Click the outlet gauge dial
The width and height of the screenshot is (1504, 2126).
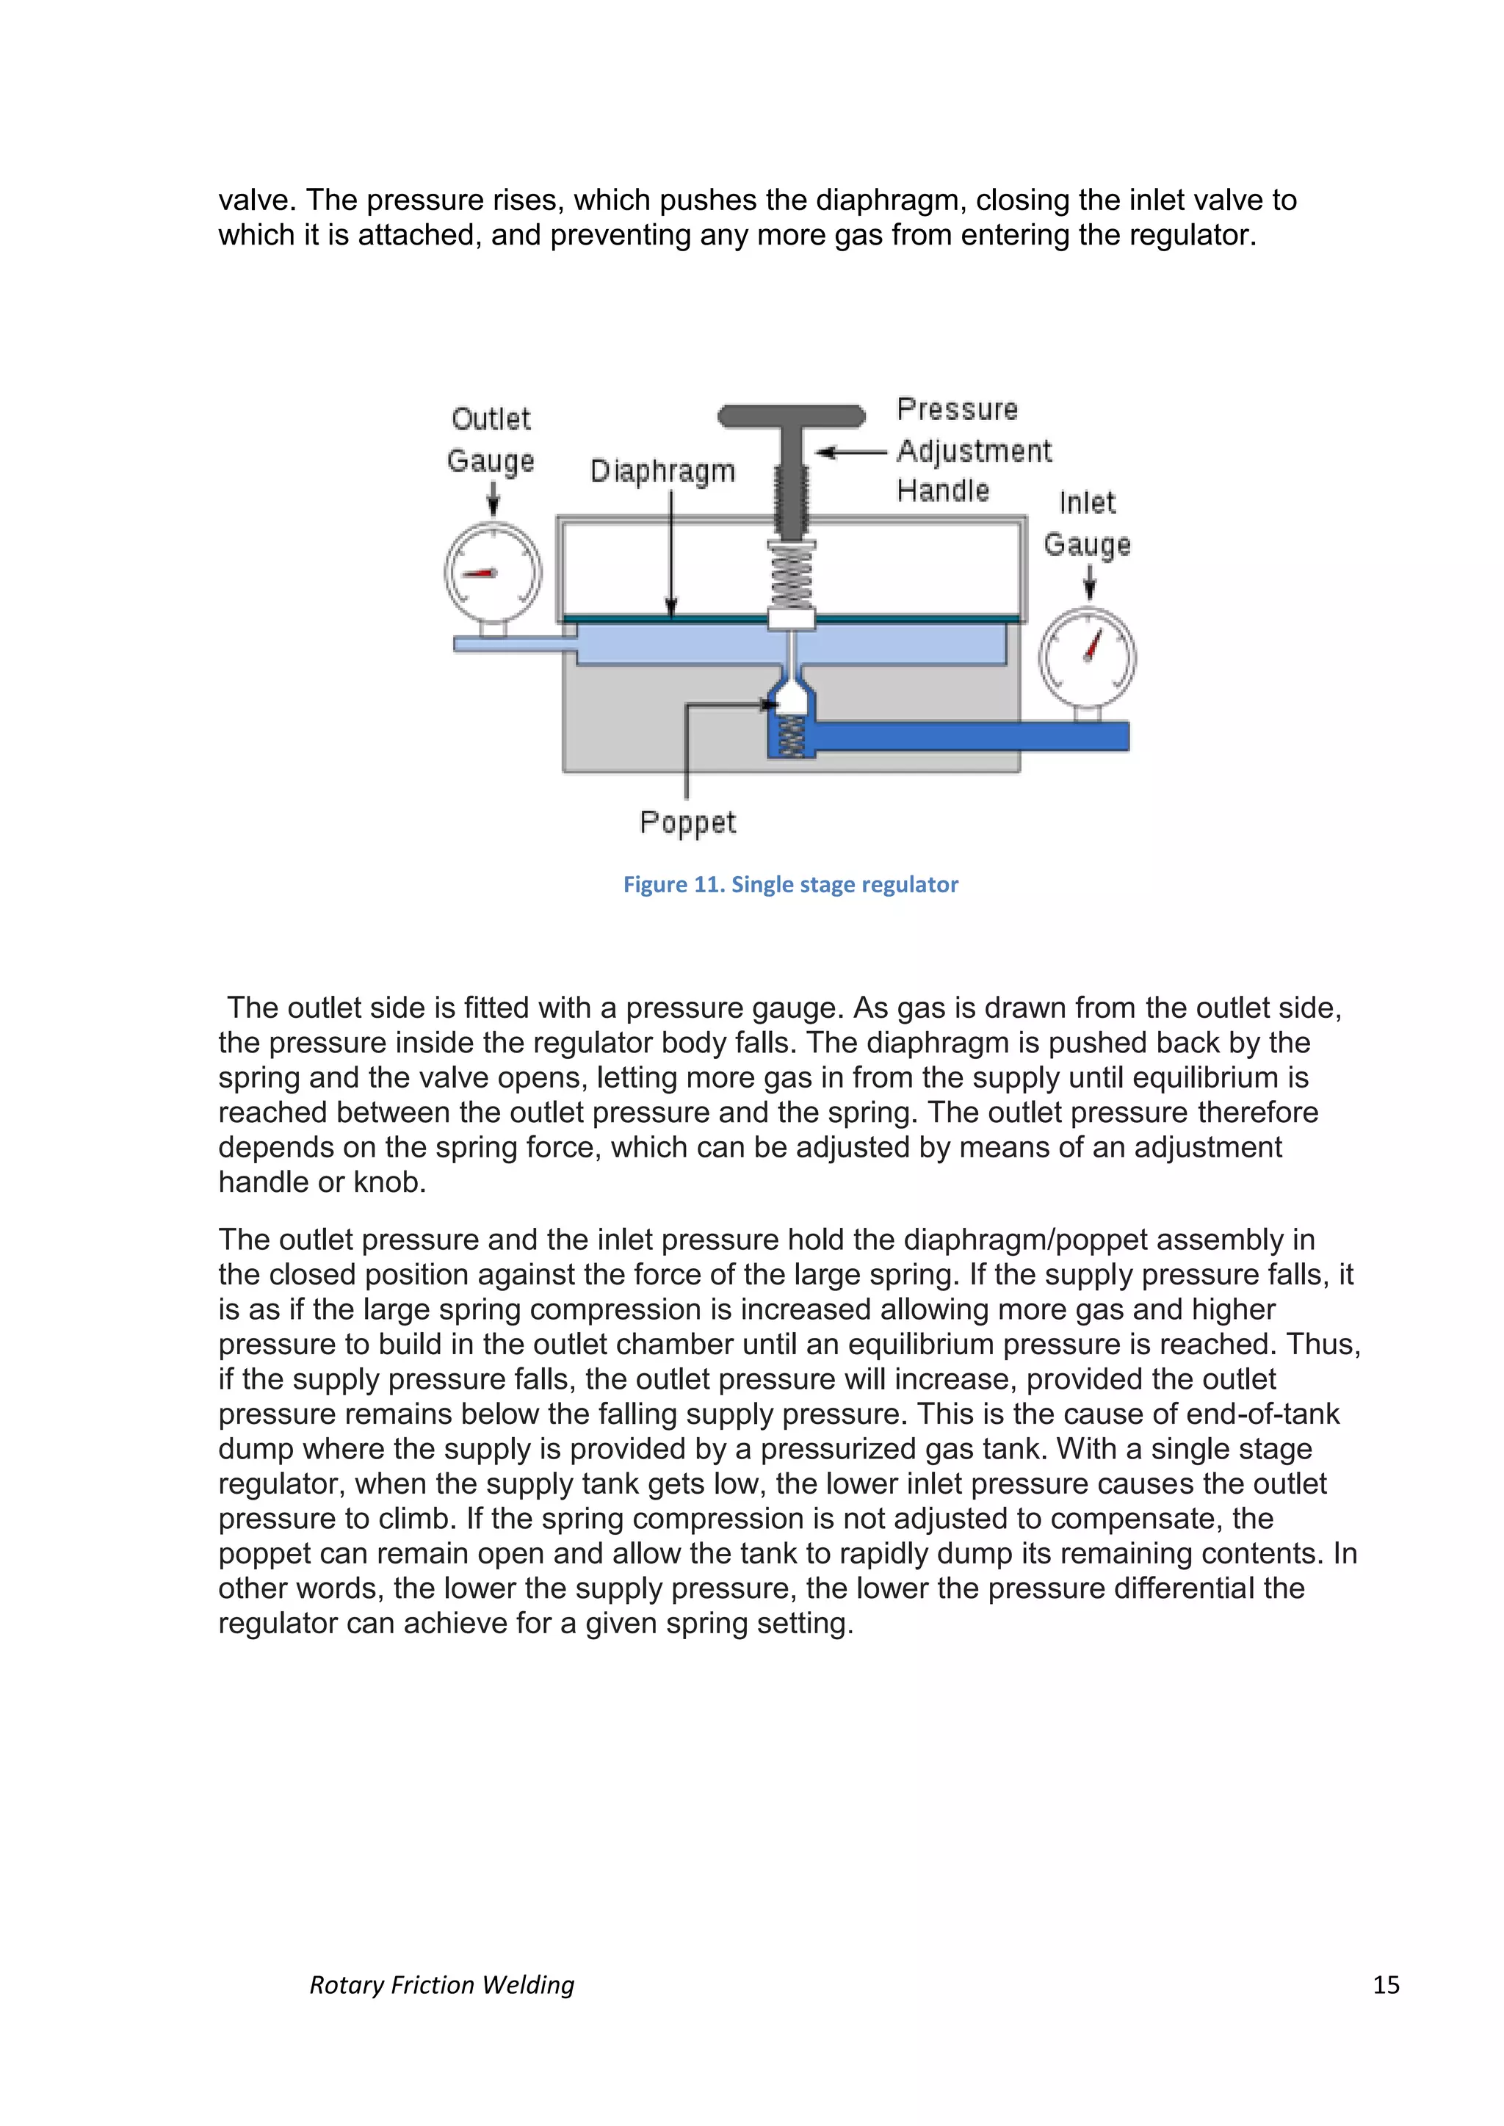point(493,571)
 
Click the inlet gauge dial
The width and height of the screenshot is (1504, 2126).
point(1088,656)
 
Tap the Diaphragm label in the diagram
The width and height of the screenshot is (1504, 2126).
point(662,471)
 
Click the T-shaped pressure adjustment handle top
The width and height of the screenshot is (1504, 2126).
point(792,416)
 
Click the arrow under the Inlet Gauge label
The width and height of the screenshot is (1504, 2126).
point(1090,583)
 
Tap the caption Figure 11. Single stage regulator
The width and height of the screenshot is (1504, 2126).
point(790,884)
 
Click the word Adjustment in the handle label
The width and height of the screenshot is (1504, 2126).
point(975,451)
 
